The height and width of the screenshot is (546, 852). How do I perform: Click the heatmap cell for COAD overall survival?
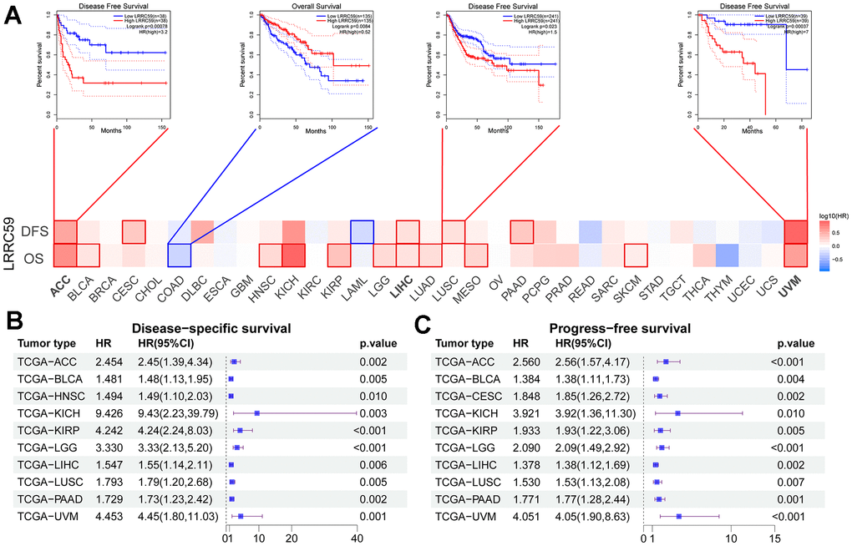coord(179,255)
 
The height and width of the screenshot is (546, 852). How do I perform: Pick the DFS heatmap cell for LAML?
coord(362,231)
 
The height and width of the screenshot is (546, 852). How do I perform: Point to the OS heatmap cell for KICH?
coord(293,255)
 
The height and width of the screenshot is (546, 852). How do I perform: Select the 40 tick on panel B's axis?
coord(357,538)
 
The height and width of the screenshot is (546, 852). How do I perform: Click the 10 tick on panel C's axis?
coord(732,538)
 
